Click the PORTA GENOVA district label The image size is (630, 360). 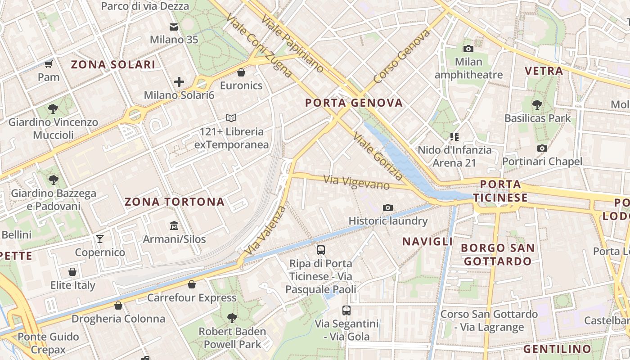tap(354, 103)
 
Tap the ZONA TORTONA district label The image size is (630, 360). tap(175, 202)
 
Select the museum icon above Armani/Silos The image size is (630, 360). tap(174, 225)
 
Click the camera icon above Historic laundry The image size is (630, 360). tap(388, 207)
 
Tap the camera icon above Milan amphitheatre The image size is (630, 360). tap(468, 49)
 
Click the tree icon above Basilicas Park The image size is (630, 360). tap(537, 105)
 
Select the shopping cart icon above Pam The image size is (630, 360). tap(49, 64)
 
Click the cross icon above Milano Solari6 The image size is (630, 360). tap(179, 82)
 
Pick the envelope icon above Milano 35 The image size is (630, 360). tap(174, 27)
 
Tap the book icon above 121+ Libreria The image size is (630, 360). tap(231, 118)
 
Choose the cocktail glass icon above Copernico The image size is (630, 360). tap(100, 238)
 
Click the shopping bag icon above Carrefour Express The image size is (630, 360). tap(192, 284)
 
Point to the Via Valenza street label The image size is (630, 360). tap(265, 230)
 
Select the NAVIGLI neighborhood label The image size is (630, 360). tap(427, 242)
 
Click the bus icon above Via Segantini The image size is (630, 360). tap(346, 310)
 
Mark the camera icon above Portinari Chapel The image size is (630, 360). tap(542, 148)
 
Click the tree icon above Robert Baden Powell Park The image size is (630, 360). tap(232, 318)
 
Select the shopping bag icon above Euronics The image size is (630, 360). tap(241, 72)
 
